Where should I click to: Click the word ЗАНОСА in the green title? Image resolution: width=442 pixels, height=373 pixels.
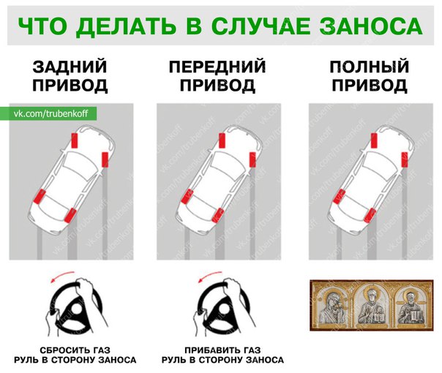(371, 26)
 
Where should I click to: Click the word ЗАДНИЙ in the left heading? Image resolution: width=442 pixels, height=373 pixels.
(70, 67)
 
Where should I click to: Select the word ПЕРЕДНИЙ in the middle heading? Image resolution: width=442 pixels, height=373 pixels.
(217, 67)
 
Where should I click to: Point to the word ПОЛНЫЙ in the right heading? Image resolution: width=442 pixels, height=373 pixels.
(370, 67)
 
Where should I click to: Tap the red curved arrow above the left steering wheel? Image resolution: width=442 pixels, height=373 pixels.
(63, 276)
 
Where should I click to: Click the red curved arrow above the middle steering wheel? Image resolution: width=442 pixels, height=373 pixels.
(210, 276)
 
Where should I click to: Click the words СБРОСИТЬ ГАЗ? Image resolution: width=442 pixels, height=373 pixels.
(75, 350)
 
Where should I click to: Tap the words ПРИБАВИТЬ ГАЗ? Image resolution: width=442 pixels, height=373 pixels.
(222, 350)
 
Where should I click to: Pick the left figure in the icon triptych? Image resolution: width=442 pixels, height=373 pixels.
(333, 306)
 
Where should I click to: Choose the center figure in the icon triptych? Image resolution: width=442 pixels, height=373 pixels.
(372, 306)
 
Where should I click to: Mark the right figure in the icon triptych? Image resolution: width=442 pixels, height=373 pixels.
(411, 306)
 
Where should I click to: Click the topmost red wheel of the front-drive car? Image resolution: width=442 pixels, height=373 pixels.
(222, 140)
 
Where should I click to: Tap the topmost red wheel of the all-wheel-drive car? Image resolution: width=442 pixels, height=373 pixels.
(374, 140)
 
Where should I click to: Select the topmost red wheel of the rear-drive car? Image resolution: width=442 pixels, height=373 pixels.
(75, 140)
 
